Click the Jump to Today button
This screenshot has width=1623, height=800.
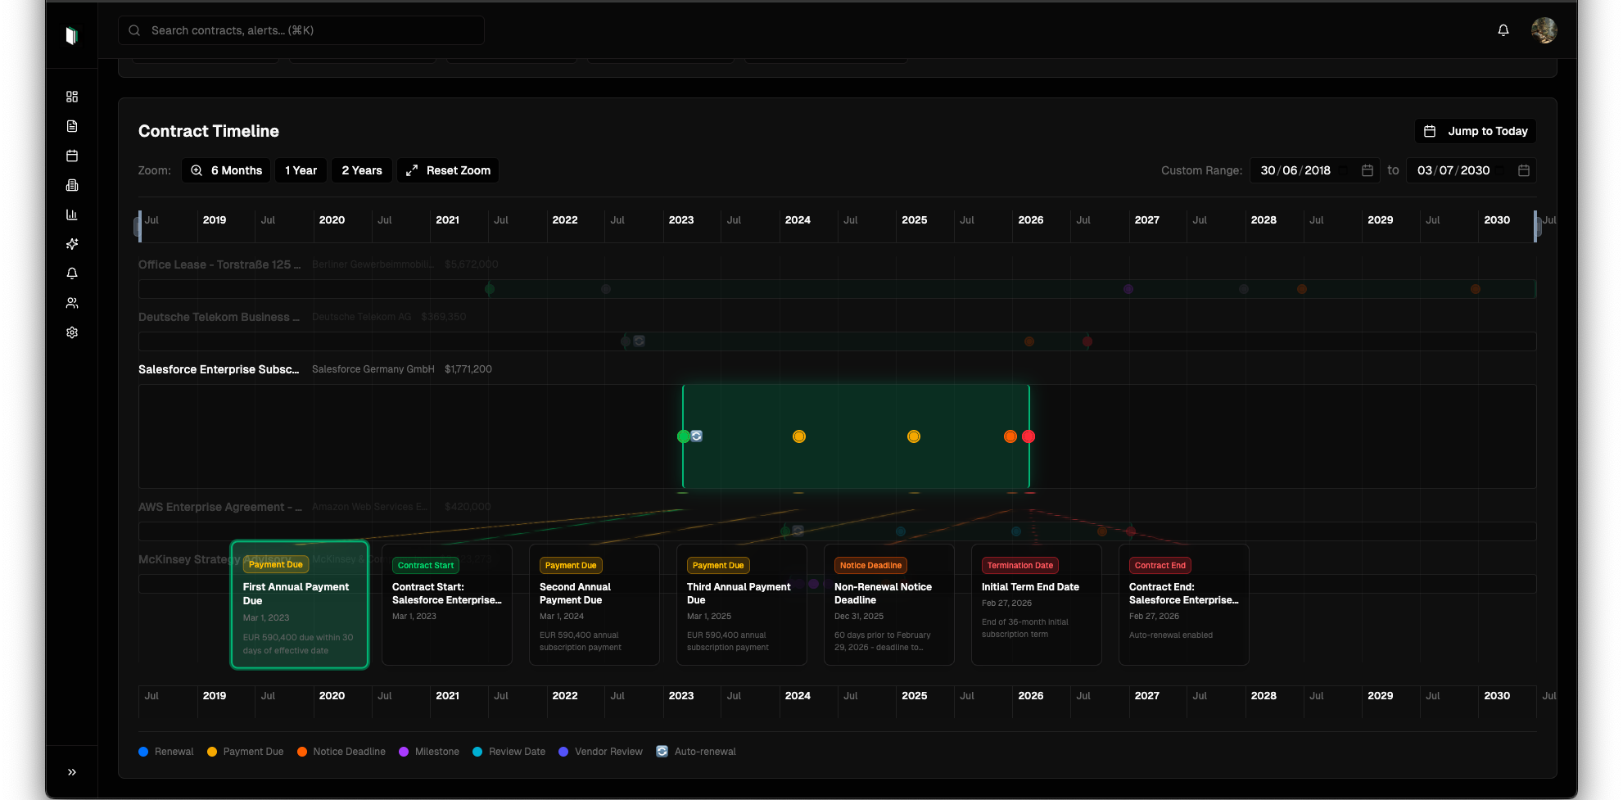click(1476, 131)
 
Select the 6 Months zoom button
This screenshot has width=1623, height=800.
click(226, 170)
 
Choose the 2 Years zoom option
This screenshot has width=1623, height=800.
click(361, 170)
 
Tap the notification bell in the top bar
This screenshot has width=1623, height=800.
click(1503, 30)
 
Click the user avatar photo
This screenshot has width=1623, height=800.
click(1544, 30)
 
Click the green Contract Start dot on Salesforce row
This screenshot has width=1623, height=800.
click(683, 436)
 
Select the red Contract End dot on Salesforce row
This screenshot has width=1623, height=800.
click(1029, 436)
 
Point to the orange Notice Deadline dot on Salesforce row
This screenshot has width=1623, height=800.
click(1010, 436)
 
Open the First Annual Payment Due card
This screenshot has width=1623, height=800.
click(300, 606)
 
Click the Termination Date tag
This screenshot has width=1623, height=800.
click(1019, 565)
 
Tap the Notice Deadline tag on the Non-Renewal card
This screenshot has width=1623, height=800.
click(870, 565)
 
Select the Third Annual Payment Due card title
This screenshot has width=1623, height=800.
click(739, 593)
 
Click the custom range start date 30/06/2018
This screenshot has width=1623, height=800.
click(1295, 170)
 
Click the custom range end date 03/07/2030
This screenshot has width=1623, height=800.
click(1453, 170)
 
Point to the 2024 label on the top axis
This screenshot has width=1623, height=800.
click(798, 220)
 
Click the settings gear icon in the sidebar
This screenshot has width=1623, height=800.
click(72, 332)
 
